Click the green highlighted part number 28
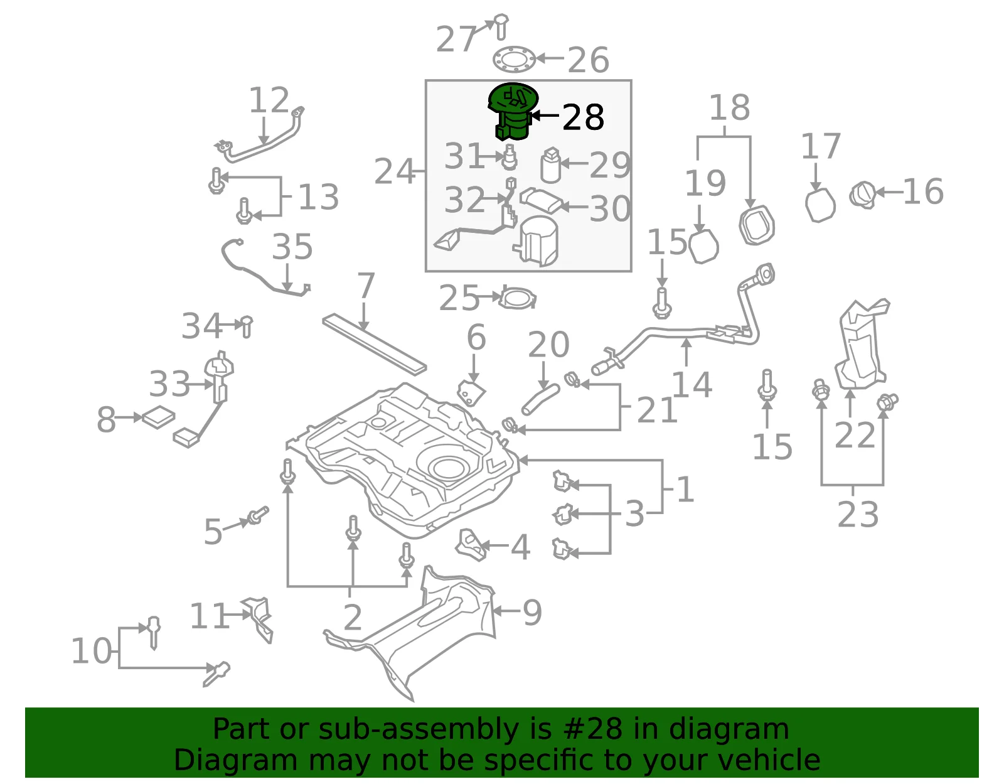pyautogui.click(x=513, y=111)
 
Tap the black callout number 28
pyautogui.click(x=583, y=118)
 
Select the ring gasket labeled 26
pyautogui.click(x=515, y=60)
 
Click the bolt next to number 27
pyautogui.click(x=501, y=26)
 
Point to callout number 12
pyautogui.click(x=269, y=100)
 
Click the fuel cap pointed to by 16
pyautogui.click(x=862, y=195)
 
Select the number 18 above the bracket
pyautogui.click(x=729, y=107)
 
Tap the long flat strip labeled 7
pyautogui.click(x=374, y=344)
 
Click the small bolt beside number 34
pyautogui.click(x=247, y=326)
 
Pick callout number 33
pyautogui.click(x=169, y=384)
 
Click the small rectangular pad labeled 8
pyautogui.click(x=158, y=417)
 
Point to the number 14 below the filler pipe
pyautogui.click(x=692, y=385)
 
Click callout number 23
pyautogui.click(x=858, y=515)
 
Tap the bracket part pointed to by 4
pyautogui.click(x=471, y=545)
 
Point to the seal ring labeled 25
pyautogui.click(x=518, y=298)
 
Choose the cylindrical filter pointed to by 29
pyautogui.click(x=551, y=165)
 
